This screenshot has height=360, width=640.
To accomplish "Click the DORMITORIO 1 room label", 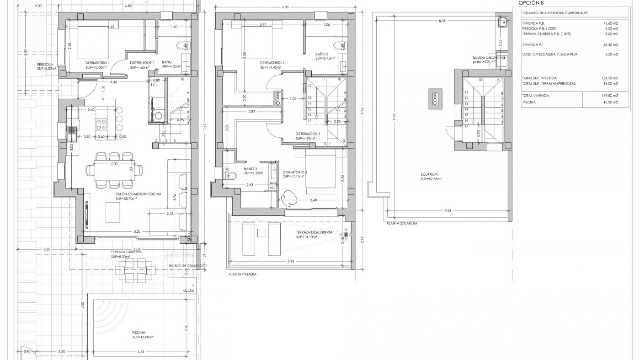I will click(x=97, y=63).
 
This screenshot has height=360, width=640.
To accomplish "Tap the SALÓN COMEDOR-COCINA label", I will click(x=138, y=194).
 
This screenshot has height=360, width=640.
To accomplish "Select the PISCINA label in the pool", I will click(x=138, y=333).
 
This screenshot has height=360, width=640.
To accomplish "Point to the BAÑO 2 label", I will click(x=322, y=54).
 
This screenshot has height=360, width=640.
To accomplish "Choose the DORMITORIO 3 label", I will click(x=295, y=172).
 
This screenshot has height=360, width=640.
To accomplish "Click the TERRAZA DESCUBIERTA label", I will click(x=314, y=232).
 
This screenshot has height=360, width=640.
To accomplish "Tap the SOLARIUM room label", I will click(x=429, y=174).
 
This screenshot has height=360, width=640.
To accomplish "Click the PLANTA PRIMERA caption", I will click(x=242, y=274).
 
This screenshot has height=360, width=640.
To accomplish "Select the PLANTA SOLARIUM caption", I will click(x=402, y=223).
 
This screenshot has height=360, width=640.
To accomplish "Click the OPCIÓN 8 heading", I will click(x=531, y=3).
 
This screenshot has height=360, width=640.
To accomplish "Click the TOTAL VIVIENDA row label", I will click(x=535, y=96).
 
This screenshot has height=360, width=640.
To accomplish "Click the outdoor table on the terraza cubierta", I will click(x=136, y=271).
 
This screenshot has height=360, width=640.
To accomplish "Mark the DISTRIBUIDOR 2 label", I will click(x=307, y=134).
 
